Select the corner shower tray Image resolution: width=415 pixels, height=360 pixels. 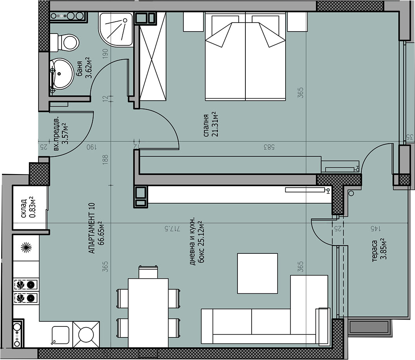(x=116, y=30)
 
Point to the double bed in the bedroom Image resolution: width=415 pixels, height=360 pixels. (x=245, y=56)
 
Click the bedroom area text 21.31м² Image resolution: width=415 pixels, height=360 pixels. (x=215, y=124)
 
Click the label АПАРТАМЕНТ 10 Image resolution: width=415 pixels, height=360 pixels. (x=92, y=228)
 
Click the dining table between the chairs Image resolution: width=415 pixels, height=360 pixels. (x=148, y=313)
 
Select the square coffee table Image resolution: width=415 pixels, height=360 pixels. (x=258, y=274)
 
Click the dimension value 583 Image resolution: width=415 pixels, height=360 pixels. (x=269, y=147)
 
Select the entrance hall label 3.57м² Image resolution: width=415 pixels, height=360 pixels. (x=64, y=133)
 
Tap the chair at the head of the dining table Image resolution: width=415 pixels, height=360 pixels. (x=148, y=272)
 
